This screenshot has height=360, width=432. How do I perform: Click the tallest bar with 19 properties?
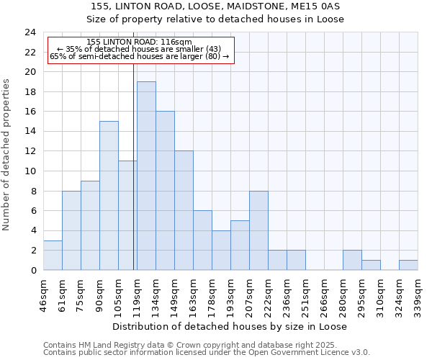(146, 176)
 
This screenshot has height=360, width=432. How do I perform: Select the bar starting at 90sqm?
(109, 196)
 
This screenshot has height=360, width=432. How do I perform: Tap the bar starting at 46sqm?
(53, 255)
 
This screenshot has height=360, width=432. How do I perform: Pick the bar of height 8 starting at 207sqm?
(258, 230)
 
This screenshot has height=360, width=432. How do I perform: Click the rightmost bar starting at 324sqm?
(408, 265)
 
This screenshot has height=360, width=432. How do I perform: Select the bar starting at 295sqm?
(371, 265)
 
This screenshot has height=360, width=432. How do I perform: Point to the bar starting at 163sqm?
(202, 240)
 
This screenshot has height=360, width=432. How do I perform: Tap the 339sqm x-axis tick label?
(418, 295)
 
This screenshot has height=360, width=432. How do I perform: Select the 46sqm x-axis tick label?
(43, 295)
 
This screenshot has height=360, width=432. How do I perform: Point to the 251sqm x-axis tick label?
(305, 295)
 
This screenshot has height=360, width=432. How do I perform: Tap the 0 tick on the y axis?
(32, 271)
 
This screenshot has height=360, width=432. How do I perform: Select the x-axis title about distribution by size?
(230, 327)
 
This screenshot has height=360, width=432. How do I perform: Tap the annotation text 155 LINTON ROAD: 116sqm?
(138, 42)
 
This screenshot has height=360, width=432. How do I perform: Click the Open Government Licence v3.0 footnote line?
(207, 352)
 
